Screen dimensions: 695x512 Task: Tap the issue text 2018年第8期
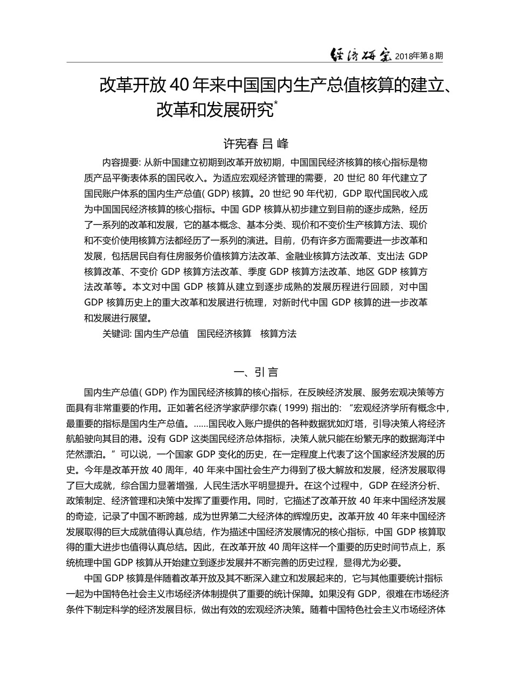419,55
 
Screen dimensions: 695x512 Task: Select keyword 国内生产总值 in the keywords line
161,333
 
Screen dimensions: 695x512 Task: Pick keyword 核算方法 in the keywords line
278,333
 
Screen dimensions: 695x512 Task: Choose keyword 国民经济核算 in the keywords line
224,333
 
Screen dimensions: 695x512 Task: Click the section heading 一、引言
255,372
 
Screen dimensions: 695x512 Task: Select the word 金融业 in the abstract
298,256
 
